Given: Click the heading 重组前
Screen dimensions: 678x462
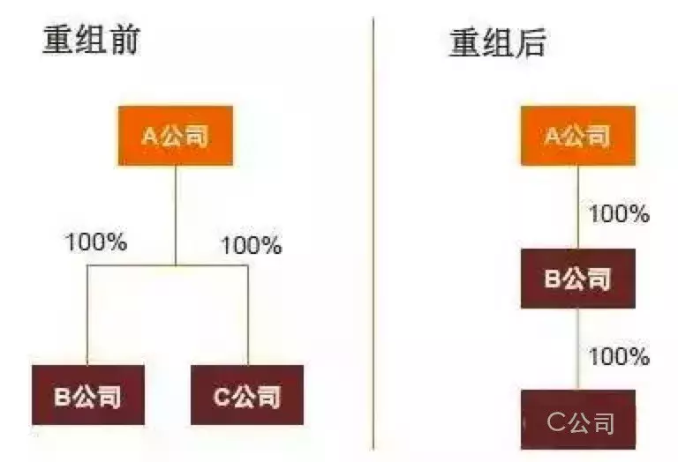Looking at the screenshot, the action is (91, 41).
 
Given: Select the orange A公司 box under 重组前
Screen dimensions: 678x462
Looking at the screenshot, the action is (176, 136).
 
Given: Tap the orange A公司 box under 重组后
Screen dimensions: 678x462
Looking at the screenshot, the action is (577, 136).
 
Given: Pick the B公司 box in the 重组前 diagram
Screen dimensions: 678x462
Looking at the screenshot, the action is (87, 395).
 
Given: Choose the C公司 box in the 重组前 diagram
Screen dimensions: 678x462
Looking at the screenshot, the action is (247, 395).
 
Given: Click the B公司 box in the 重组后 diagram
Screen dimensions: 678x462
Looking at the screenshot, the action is (577, 279).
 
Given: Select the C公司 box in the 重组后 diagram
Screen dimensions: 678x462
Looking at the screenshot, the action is (579, 421).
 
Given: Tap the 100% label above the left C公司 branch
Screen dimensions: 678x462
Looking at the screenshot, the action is (251, 245).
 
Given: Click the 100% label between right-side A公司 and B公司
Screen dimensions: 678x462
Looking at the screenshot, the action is (619, 213).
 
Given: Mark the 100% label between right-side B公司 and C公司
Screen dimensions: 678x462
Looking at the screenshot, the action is (619, 357).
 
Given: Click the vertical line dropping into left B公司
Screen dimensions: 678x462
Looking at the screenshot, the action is (87, 317).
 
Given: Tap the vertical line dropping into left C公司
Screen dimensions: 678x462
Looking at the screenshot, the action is (247, 317).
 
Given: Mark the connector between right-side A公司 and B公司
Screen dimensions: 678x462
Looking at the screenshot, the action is (578, 207).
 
